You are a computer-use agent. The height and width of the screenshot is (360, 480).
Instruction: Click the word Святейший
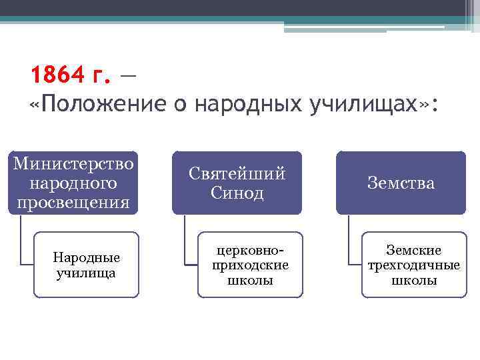237,173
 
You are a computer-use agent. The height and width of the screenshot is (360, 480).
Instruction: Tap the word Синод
237,193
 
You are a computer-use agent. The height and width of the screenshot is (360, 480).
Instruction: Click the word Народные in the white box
87,258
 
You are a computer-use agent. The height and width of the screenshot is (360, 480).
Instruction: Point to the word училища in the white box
87,273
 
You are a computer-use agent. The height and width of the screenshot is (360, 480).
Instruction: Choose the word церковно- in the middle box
250,250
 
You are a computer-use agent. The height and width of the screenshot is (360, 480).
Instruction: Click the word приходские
250,265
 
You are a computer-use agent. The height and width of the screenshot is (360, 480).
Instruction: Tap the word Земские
414,250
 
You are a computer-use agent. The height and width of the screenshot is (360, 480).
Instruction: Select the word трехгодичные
414,265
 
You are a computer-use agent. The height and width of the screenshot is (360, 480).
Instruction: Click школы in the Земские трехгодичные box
414,280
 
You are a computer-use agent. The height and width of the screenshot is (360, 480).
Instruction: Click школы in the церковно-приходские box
250,280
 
